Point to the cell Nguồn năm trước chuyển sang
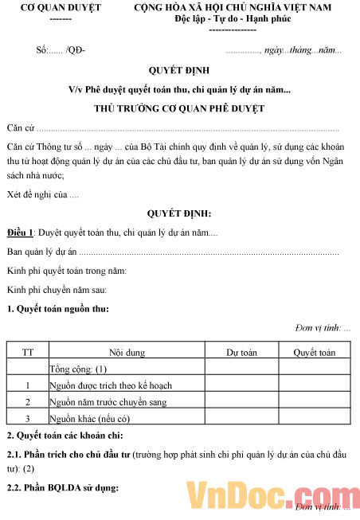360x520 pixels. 107,402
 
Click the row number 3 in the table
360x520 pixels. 28,418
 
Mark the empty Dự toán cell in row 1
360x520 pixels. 241,385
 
